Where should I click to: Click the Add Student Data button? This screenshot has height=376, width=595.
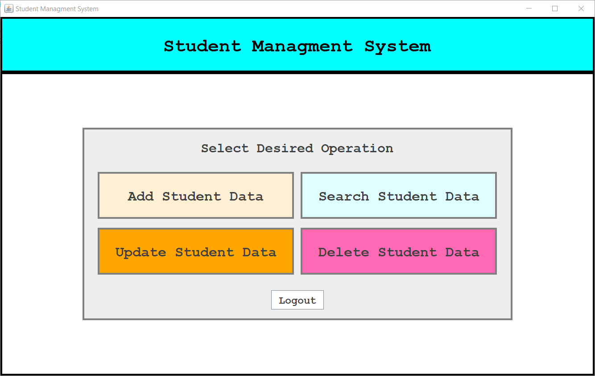pyautogui.click(x=195, y=196)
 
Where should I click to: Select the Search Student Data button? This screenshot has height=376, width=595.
pyautogui.click(x=399, y=196)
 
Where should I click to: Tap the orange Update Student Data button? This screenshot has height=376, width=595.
pyautogui.click(x=195, y=251)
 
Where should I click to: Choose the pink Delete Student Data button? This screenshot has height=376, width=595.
pyautogui.click(x=399, y=251)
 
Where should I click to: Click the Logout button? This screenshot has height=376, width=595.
pyautogui.click(x=297, y=300)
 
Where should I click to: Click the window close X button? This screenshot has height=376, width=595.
pyautogui.click(x=581, y=8)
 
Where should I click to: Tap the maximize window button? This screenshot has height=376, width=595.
pyautogui.click(x=555, y=8)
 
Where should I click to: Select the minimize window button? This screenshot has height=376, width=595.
pyautogui.click(x=529, y=8)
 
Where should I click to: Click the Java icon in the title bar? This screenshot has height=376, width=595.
pyautogui.click(x=8, y=8)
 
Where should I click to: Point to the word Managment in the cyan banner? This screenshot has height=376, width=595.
pyautogui.click(x=302, y=46)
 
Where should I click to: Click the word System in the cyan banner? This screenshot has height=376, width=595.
pyautogui.click(x=397, y=46)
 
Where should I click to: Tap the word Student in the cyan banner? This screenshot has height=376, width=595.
pyautogui.click(x=202, y=46)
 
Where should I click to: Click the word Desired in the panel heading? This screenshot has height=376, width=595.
pyautogui.click(x=285, y=148)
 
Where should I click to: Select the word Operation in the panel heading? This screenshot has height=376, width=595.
pyautogui.click(x=357, y=148)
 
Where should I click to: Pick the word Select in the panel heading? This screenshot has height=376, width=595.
pyautogui.click(x=225, y=148)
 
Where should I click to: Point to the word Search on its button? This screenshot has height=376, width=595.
pyautogui.click(x=343, y=196)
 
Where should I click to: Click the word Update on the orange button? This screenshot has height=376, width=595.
pyautogui.click(x=140, y=252)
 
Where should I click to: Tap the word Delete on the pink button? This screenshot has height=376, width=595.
pyautogui.click(x=343, y=252)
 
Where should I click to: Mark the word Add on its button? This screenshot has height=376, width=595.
pyautogui.click(x=140, y=196)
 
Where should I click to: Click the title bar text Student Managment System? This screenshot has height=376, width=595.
pyautogui.click(x=57, y=9)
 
